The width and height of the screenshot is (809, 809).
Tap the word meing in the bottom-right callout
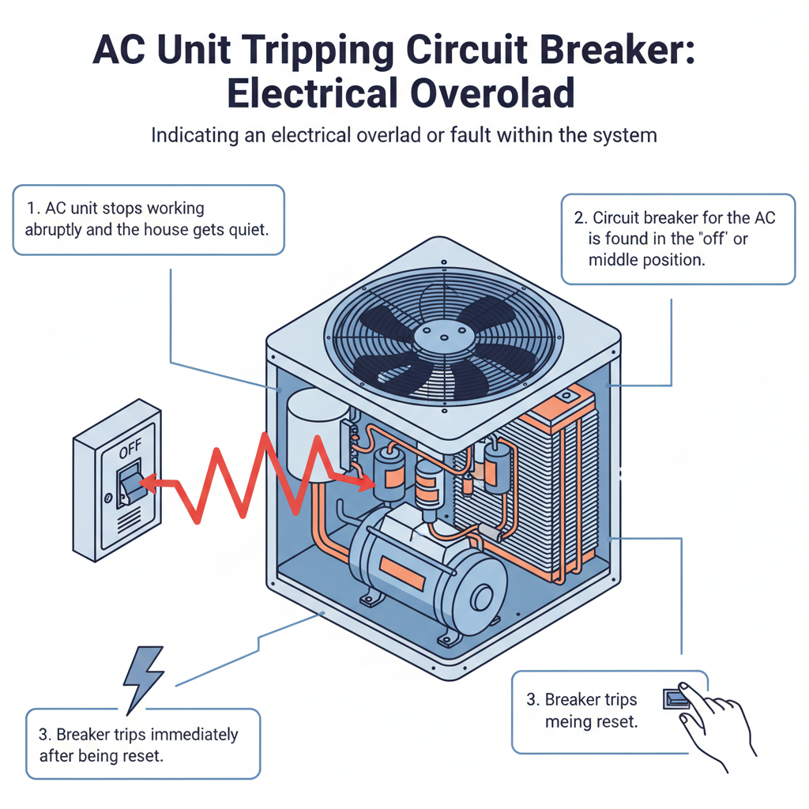pyautogui.click(x=569, y=722)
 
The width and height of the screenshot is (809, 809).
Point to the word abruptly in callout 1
pyautogui.click(x=59, y=231)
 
